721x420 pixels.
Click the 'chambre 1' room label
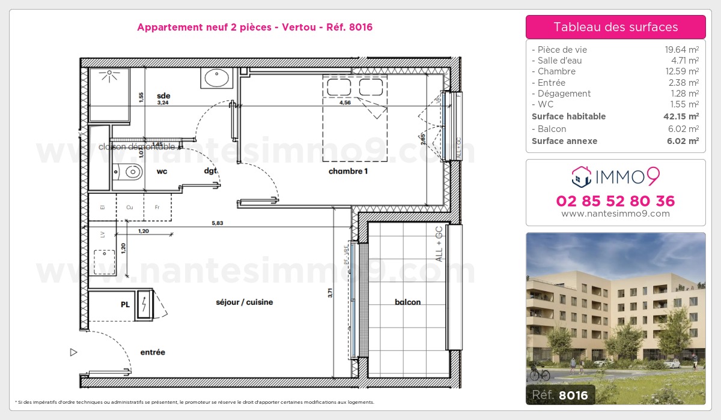tap(348, 172)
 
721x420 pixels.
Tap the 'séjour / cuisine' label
tap(244, 302)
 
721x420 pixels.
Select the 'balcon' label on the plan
tap(407, 302)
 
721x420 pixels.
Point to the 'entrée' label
tap(153, 352)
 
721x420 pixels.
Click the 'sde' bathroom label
tap(163, 95)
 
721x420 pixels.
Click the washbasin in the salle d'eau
tap(216, 78)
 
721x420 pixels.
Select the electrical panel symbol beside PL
tap(145, 305)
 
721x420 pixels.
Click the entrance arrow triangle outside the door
tap(74, 352)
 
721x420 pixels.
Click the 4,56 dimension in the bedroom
tap(345, 103)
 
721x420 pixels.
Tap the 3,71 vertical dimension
tap(330, 293)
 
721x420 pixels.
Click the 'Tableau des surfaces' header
tap(615, 27)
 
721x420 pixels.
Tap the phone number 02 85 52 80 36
tap(615, 201)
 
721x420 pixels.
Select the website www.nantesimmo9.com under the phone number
tap(615, 214)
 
